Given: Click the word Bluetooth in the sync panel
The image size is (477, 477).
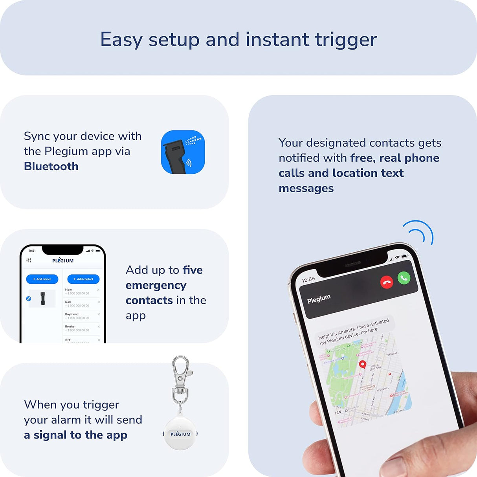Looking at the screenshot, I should point(51,166).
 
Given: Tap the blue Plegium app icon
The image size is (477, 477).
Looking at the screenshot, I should point(183,152).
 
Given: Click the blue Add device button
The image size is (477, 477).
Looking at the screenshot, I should point(42,279).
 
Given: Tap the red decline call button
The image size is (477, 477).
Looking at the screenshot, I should point(387,282).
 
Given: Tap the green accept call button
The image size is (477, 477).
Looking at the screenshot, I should point(404,278).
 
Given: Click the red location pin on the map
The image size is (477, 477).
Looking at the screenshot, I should point(363,364).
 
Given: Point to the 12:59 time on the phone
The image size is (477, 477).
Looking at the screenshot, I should point(308,280).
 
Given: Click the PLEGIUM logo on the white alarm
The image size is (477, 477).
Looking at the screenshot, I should point(180,434).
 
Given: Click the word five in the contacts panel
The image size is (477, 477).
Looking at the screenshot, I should point(193,270).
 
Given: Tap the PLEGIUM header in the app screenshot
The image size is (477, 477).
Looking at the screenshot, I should point(63,261).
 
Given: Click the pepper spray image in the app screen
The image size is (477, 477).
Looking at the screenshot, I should point(42,299).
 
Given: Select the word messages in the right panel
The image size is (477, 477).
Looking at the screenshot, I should point(306,189).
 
